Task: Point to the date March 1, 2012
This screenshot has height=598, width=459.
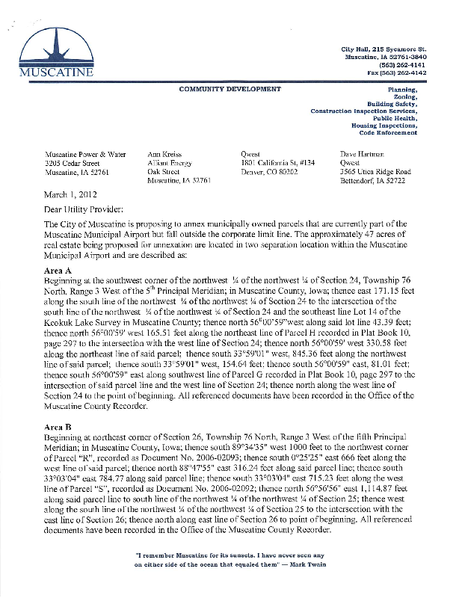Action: tap(69, 194)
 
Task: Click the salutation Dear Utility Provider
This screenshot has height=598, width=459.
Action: tap(84, 209)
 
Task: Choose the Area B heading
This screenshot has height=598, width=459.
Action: tap(58, 425)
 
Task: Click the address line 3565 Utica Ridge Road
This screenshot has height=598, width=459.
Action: tap(375, 171)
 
